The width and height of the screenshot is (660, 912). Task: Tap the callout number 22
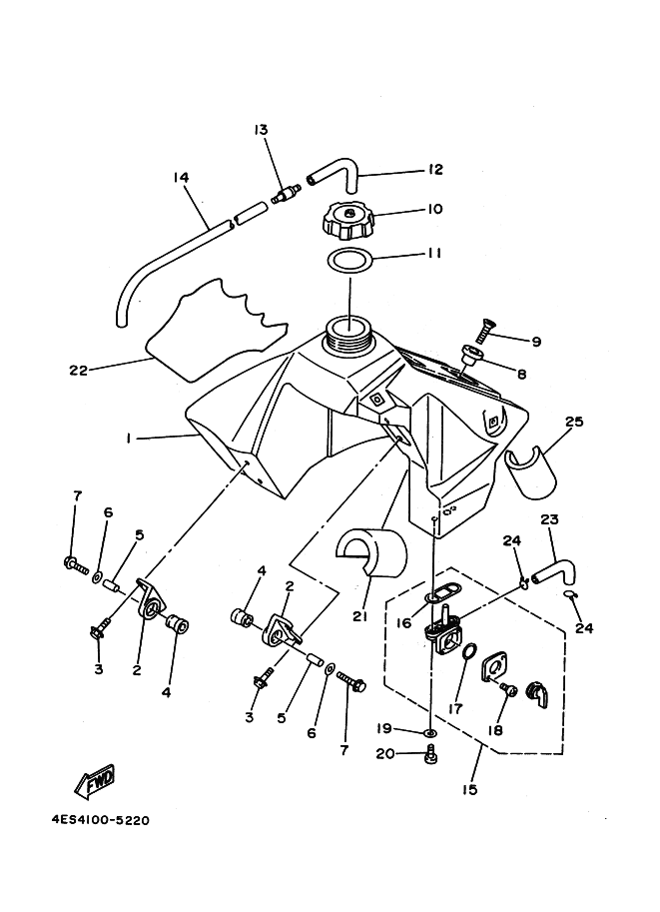tap(79, 370)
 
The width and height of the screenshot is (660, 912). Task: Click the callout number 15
tap(470, 789)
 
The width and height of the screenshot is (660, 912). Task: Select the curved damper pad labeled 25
tap(528, 471)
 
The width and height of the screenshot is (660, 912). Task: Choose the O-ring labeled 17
tap(467, 655)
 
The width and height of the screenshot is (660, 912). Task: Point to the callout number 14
tap(182, 178)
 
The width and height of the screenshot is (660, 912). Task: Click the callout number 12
tap(435, 170)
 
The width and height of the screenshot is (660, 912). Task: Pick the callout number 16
tap(403, 622)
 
